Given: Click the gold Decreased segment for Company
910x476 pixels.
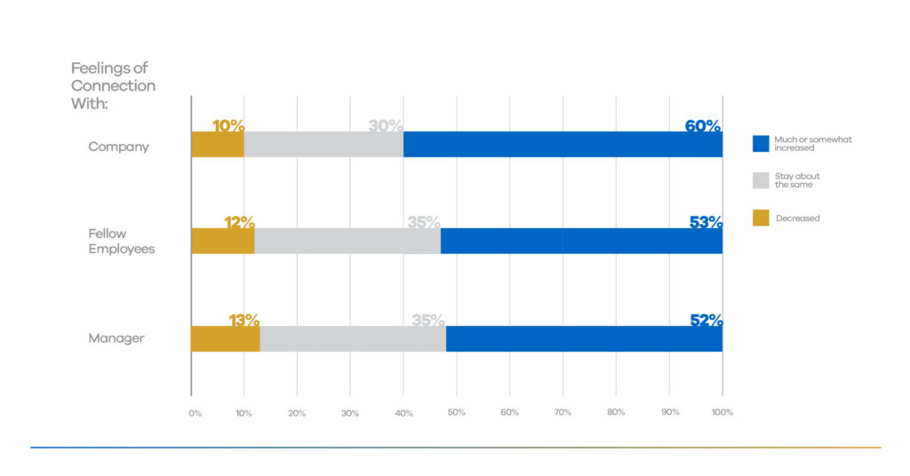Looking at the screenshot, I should tap(218, 145).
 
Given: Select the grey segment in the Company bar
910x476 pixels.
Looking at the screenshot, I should tap(323, 145).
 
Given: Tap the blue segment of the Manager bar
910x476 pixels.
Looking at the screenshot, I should tap(584, 338).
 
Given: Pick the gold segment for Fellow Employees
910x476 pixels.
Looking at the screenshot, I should tap(223, 241).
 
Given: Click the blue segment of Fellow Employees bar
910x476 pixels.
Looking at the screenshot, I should tap(581, 241).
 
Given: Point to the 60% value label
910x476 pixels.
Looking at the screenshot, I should tap(703, 126).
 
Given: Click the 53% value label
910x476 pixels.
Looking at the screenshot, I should tap(706, 223).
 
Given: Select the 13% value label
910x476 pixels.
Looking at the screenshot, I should tap(243, 320).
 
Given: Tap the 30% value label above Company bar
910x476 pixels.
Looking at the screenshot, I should tap(386, 126).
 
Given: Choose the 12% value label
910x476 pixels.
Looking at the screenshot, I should tap(238, 223).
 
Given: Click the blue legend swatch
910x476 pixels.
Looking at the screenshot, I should tap(761, 144).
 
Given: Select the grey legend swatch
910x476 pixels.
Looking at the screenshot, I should tap(761, 180).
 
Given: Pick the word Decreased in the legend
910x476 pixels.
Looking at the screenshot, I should tap(797, 218).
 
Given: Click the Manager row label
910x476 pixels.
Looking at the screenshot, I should tap(116, 338).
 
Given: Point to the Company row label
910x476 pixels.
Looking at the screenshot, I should tap(118, 147).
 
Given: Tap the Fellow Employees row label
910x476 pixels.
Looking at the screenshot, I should tap(121, 242).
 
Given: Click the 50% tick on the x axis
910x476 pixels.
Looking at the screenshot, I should tap(456, 413).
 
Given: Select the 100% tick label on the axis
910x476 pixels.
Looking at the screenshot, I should tap(722, 413).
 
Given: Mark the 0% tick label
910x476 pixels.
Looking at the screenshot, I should tap(195, 413).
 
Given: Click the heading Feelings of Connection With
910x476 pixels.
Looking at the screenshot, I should tap(113, 86).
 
